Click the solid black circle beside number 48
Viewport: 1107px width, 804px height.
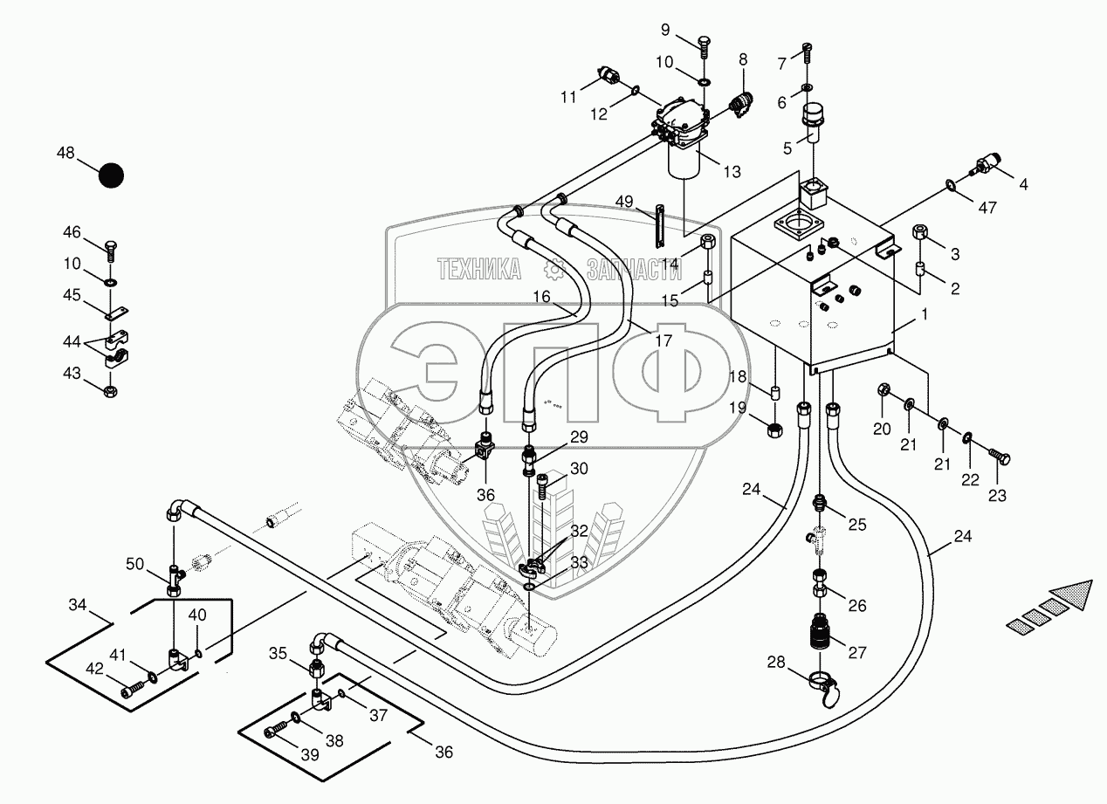click(111, 175)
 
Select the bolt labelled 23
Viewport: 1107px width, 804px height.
click(1000, 456)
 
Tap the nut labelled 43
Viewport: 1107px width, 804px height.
click(110, 388)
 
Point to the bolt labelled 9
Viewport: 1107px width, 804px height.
click(704, 42)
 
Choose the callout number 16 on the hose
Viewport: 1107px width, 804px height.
click(542, 297)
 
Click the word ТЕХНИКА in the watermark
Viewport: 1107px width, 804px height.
click(478, 270)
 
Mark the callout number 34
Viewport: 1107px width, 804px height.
click(79, 603)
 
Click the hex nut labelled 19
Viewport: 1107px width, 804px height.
click(774, 429)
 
